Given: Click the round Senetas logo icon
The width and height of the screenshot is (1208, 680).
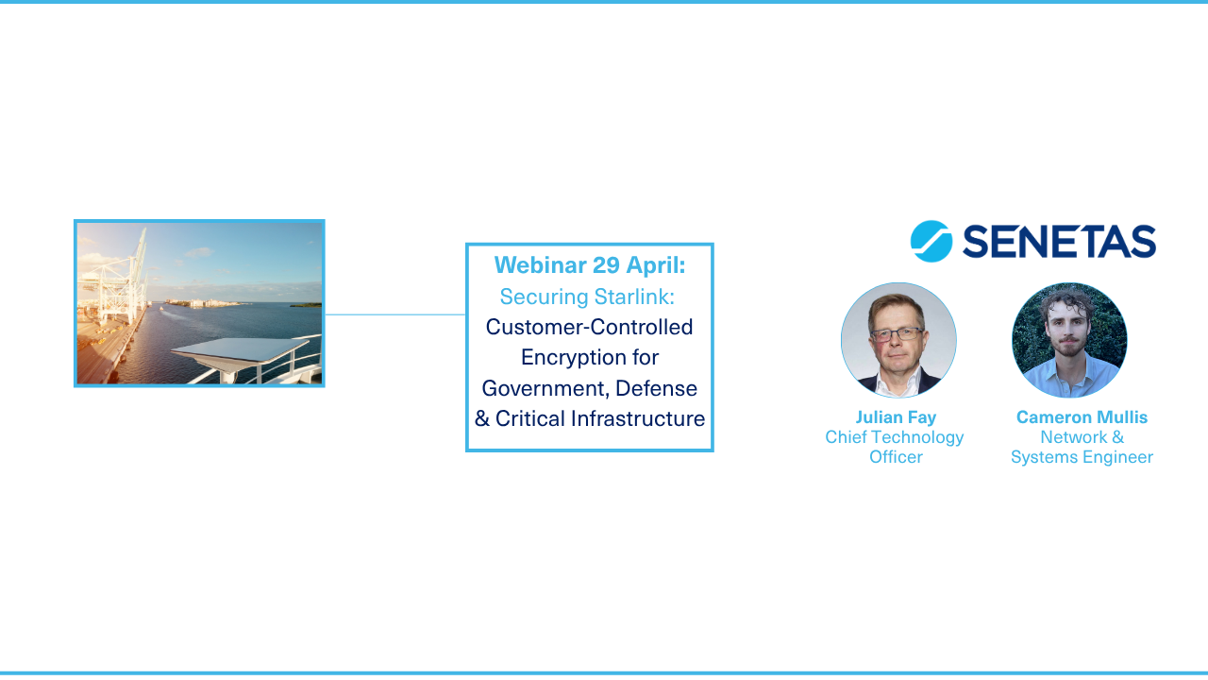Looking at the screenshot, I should (x=931, y=242).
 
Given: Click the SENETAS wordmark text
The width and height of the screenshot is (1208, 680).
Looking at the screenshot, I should (x=1059, y=242).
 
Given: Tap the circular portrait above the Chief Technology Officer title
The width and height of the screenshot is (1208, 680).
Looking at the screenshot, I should (x=898, y=340).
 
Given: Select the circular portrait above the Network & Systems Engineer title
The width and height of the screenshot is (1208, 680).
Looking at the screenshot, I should (x=1069, y=340).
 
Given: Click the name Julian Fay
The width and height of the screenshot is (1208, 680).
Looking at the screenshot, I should (x=896, y=417).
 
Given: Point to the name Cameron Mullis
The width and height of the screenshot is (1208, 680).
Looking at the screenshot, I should (x=1082, y=417).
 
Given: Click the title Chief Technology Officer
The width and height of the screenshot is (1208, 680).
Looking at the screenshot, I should (x=895, y=447).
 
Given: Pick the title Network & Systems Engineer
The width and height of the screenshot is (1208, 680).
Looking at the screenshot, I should (x=1082, y=447).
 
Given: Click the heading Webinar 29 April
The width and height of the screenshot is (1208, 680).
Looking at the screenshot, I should (x=590, y=265).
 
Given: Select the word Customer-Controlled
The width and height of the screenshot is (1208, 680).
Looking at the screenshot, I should (x=590, y=327).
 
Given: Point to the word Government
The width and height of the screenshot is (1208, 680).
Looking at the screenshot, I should (x=543, y=388).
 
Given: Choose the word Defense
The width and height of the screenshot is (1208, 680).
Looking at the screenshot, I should (x=656, y=388).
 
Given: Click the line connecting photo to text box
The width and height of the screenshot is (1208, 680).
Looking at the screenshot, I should (x=395, y=314).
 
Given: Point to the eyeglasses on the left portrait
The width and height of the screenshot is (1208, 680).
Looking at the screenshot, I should (x=898, y=333).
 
